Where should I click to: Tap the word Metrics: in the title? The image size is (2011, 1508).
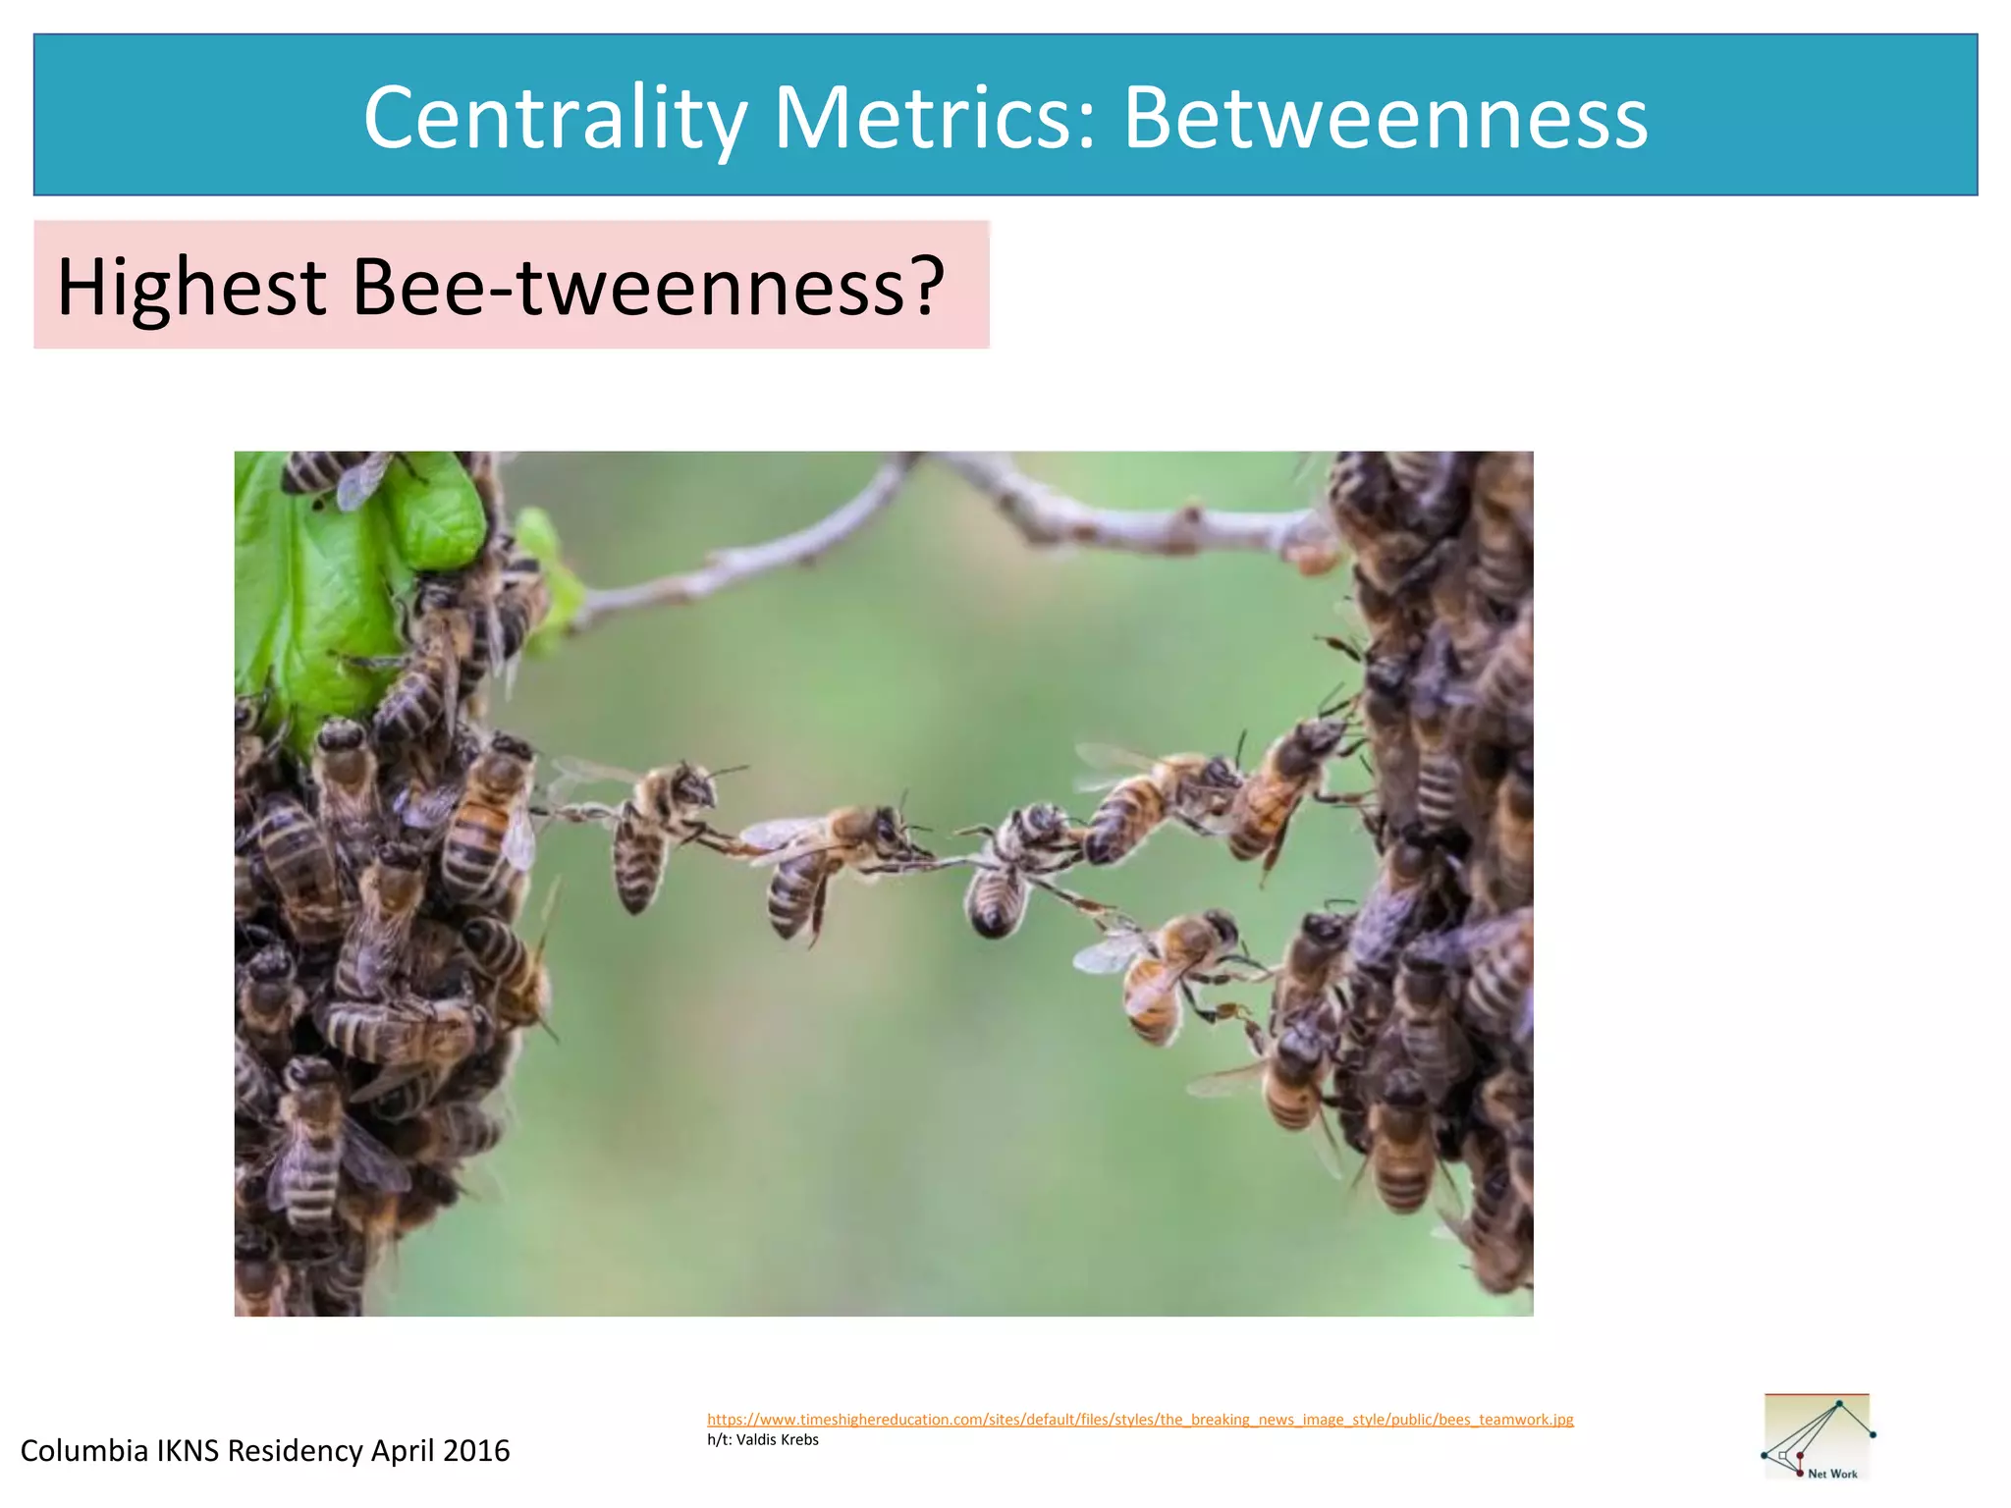click(x=935, y=118)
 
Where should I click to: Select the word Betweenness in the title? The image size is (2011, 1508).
click(x=1385, y=118)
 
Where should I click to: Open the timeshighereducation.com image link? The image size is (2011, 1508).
click(x=1139, y=1420)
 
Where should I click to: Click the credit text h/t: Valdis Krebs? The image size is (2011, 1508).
click(x=762, y=1440)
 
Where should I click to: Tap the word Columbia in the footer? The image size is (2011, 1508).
click(x=83, y=1451)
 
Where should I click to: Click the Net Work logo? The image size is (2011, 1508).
click(x=1818, y=1436)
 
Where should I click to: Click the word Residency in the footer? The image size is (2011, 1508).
click(x=295, y=1451)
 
